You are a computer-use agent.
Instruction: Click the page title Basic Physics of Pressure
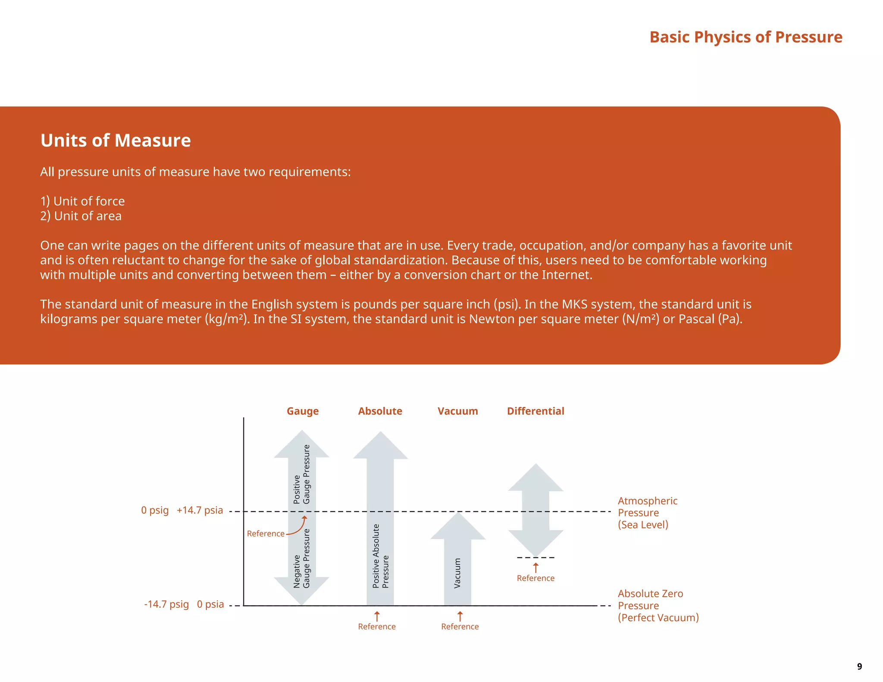[x=745, y=37]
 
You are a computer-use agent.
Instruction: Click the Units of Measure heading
[x=116, y=141]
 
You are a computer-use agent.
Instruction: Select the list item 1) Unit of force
[x=82, y=201]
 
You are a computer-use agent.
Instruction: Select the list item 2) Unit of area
[x=81, y=216]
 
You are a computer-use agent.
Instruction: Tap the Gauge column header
[x=303, y=411]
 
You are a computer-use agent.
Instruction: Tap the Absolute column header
[x=380, y=411]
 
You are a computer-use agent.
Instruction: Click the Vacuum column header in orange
[x=457, y=411]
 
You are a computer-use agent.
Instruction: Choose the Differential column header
[x=535, y=411]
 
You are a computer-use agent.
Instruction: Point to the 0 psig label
[x=155, y=510]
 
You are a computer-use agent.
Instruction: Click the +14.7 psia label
[x=200, y=510]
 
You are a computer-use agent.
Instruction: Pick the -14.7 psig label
[x=166, y=604]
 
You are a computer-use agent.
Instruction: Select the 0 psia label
[x=210, y=604]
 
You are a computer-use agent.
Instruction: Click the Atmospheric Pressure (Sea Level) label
[x=647, y=513]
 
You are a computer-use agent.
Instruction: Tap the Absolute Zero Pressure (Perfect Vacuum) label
[x=658, y=606]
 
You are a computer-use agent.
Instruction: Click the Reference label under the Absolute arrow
[x=376, y=627]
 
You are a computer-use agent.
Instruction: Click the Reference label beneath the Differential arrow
[x=535, y=579]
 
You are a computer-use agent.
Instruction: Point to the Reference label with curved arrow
[x=266, y=534]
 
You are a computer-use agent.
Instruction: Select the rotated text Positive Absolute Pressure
[x=380, y=556]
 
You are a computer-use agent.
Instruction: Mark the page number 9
[x=859, y=666]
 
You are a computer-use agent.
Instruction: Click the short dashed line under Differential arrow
[x=535, y=558]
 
